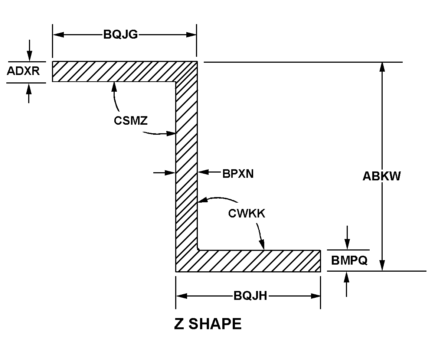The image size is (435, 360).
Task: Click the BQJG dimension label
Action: [x=121, y=35]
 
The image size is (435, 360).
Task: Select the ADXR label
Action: [x=23, y=71]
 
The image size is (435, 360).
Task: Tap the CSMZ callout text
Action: [x=131, y=121]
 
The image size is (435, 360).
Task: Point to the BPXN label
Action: [x=238, y=174]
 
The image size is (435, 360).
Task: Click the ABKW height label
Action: [x=382, y=176]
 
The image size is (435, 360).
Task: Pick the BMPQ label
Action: [x=349, y=261]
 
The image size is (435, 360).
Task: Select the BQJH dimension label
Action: [x=251, y=296]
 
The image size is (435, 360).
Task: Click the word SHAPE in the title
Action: [x=215, y=324]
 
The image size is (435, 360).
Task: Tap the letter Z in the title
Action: [x=179, y=324]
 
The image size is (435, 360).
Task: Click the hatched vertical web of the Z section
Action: [x=186, y=167]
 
